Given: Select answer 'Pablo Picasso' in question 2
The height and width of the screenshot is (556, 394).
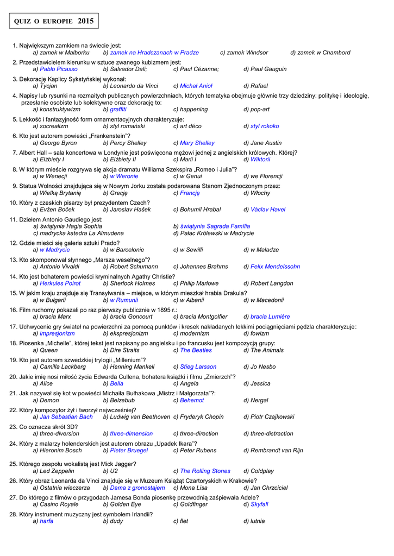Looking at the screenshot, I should click(59, 69).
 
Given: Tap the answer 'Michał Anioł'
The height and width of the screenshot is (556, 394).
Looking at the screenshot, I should click(196, 86).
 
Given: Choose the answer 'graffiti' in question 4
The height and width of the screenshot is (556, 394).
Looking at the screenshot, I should click(118, 110).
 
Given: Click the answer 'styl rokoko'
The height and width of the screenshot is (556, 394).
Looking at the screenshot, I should click(265, 127).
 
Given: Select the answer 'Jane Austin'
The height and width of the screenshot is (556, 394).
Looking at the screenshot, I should click(266, 143).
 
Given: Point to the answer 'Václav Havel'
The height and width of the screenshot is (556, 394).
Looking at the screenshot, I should click(268, 210).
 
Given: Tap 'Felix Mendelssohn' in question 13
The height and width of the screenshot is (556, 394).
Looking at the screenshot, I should click(275, 267).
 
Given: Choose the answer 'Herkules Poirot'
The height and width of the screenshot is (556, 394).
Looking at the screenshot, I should click(60, 283).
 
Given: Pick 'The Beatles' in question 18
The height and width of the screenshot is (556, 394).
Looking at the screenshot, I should click(196, 350).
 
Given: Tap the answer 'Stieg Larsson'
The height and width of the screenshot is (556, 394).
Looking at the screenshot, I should click(198, 367).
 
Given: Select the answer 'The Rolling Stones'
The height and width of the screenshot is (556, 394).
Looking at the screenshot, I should click(205, 471).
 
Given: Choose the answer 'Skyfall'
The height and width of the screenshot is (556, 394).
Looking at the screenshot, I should click(259, 504).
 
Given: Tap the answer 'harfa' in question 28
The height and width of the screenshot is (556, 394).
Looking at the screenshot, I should click(46, 521).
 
